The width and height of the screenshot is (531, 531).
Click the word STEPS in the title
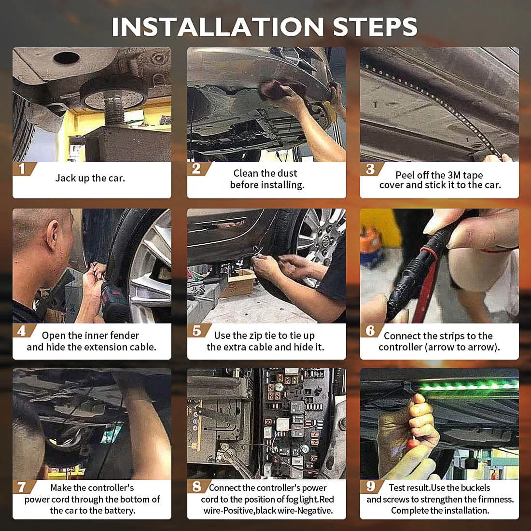(x=375, y=27)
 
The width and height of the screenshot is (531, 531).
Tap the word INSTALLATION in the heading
(x=218, y=27)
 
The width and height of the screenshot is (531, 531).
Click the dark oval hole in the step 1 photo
(x=67, y=57)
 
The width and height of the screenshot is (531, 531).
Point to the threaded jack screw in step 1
(x=114, y=112)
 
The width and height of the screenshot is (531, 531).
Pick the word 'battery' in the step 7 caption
(x=120, y=510)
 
